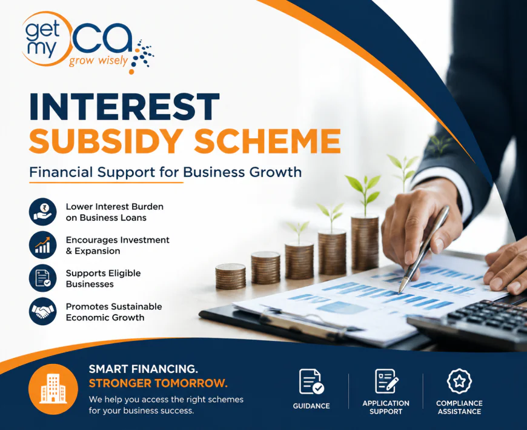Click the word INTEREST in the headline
tap(124, 106)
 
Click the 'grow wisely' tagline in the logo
tap(99, 61)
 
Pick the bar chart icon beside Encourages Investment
tap(42, 245)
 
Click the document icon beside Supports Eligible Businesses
tap(42, 278)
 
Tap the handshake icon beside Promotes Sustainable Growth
tap(42, 311)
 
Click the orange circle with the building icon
tap(53, 389)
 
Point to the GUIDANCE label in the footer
tap(311, 406)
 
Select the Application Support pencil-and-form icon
tap(386, 381)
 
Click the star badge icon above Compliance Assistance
tap(459, 381)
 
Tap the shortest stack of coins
tap(231, 276)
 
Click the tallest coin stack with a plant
tap(365, 242)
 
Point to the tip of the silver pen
tap(400, 292)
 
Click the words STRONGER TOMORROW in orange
tap(158, 383)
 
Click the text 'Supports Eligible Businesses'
tap(103, 278)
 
